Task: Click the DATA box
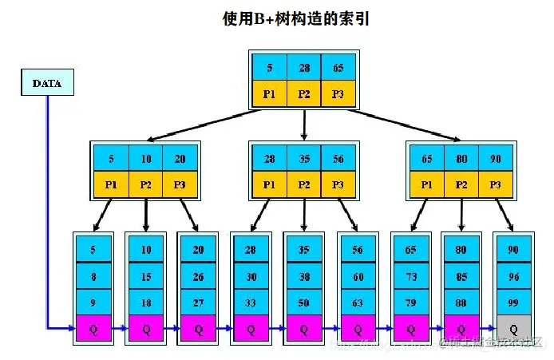pos(46,83)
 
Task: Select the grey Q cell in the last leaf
pos(512,329)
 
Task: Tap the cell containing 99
pos(512,303)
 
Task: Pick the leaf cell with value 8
pos(93,276)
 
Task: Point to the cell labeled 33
pos(251,303)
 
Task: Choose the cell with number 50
pos(304,303)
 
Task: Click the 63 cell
pos(357,303)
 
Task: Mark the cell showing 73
pos(410,276)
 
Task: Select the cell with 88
pos(461,303)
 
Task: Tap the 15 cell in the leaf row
pos(145,276)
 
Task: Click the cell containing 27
pos(198,303)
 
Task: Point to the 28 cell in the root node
pos(304,67)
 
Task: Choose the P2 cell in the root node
pos(304,93)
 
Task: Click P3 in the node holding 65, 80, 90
pos(495,185)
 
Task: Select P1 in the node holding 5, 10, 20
pos(111,185)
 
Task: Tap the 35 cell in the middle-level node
pos(304,159)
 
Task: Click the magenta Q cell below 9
pos(93,329)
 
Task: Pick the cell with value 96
pos(512,276)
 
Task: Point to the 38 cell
pos(304,276)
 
